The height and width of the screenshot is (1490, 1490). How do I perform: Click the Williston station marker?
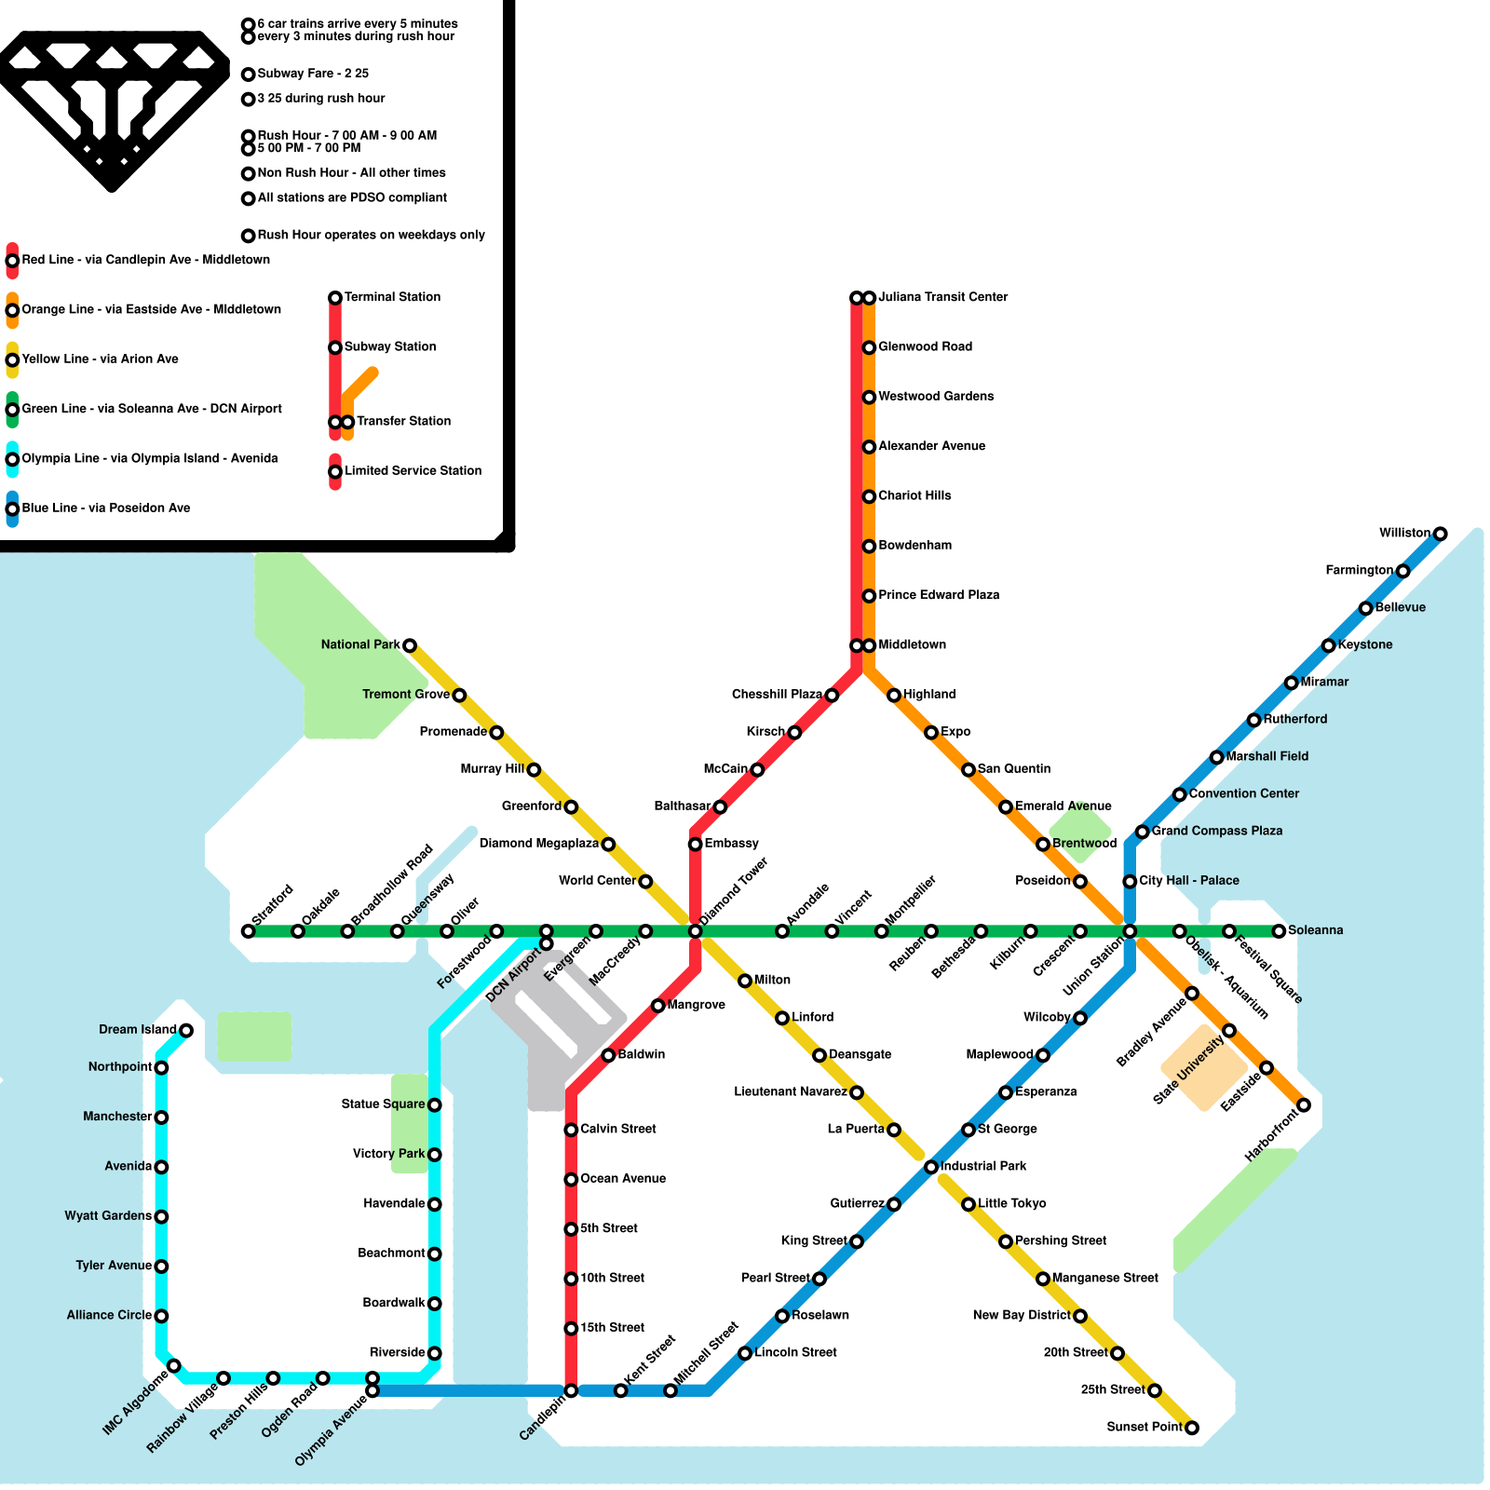[x=1440, y=534]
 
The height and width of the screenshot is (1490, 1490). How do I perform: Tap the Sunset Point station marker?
[x=1191, y=1428]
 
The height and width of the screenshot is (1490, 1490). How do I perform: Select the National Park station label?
[x=360, y=644]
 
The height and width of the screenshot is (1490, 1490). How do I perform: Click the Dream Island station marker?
[x=186, y=1030]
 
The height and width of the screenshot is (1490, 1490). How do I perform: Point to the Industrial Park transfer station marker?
[x=930, y=1167]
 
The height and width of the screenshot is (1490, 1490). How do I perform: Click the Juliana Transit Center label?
[x=942, y=297]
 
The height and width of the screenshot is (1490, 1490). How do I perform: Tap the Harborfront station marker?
[x=1304, y=1105]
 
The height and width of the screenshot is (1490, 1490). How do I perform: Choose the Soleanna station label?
[x=1315, y=930]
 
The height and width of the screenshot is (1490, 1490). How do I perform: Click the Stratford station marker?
[x=248, y=931]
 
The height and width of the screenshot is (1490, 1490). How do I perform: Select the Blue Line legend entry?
[x=105, y=508]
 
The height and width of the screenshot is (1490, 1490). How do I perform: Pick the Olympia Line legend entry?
[x=149, y=458]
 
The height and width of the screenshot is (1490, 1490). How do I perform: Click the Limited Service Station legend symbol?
[x=335, y=472]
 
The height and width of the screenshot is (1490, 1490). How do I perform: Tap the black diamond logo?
[x=112, y=107]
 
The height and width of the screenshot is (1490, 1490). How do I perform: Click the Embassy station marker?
[x=695, y=845]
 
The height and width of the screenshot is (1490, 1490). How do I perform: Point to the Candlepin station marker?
[x=571, y=1391]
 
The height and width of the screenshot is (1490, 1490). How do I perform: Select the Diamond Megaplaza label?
[x=538, y=844]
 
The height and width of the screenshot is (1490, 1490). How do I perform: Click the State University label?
[x=1188, y=1071]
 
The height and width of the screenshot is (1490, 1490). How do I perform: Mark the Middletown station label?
[x=912, y=644]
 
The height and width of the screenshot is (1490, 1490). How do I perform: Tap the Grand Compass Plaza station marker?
[x=1142, y=832]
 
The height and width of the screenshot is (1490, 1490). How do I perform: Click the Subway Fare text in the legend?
[x=313, y=74]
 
